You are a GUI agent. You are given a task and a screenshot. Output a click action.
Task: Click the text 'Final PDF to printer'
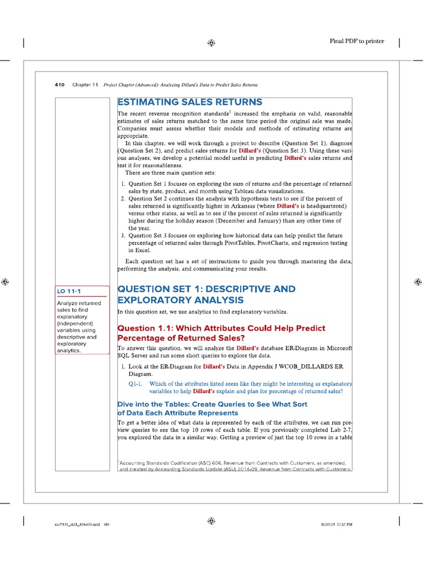click(x=356, y=41)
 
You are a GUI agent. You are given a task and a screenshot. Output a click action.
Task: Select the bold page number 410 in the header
click(x=60, y=85)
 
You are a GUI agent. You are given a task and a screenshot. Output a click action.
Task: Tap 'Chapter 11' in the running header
click(x=85, y=85)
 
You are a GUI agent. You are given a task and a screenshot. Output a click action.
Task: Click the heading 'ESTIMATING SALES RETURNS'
click(x=189, y=102)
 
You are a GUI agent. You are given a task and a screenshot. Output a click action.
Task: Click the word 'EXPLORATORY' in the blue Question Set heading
click(x=153, y=300)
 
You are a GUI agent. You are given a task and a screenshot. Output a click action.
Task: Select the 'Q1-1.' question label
click(x=135, y=384)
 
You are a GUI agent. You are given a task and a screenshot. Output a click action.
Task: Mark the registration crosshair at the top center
click(x=211, y=43)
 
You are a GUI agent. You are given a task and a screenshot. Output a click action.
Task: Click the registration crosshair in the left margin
click(x=5, y=281)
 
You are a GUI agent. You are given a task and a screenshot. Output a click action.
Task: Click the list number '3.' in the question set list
click(x=123, y=235)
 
